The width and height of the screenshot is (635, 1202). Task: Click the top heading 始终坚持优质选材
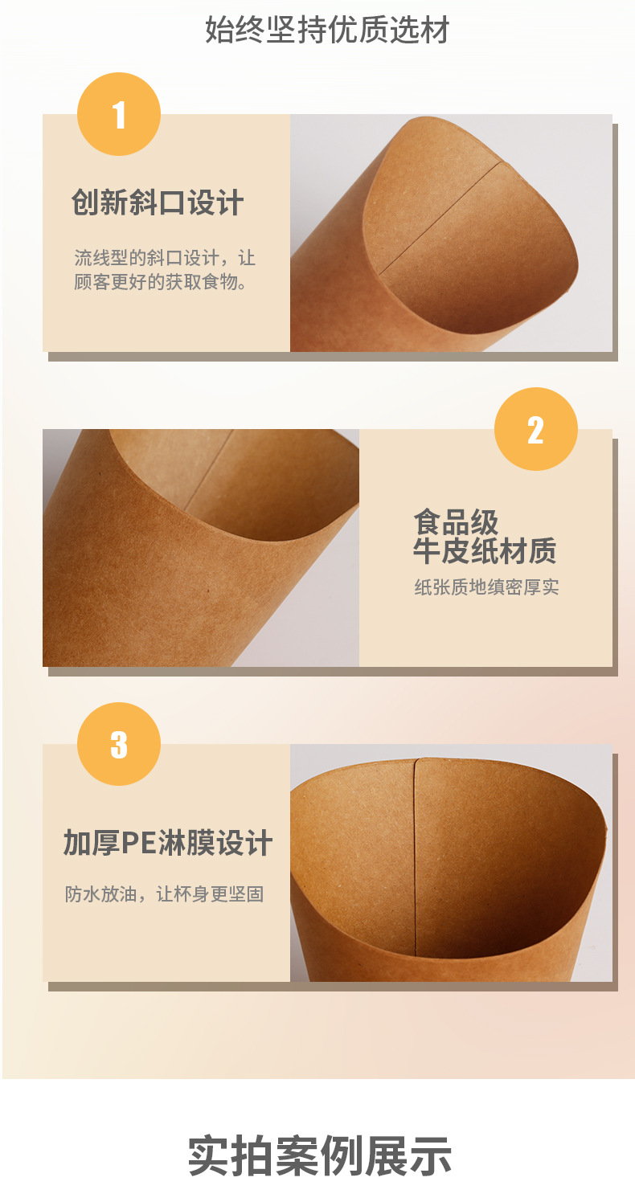326,31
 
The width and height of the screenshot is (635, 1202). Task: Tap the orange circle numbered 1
119,115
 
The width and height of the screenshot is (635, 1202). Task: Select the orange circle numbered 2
535,430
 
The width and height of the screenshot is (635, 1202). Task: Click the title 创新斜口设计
158,202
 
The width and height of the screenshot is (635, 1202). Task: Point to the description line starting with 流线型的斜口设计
165,258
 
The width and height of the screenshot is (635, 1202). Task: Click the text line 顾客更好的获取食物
160,282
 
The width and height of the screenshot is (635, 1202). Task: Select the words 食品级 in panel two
456,522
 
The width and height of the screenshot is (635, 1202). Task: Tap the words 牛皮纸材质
484,551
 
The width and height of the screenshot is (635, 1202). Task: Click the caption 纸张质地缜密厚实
485,587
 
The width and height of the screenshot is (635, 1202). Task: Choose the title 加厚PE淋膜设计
168,844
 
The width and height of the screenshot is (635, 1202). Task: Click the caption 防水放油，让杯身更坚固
165,894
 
